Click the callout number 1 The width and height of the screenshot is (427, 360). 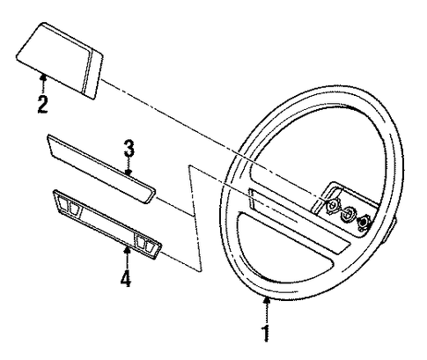pos(266,333)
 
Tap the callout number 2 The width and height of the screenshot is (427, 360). pos(42,105)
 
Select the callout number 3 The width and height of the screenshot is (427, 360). pos(129,149)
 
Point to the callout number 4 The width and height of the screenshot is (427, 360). pos(126,278)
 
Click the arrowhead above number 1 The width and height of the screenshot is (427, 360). pos(267,300)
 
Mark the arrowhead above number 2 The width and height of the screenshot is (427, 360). pos(43,77)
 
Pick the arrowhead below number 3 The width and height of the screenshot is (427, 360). pos(129,173)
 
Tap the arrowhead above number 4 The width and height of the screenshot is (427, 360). pos(127,250)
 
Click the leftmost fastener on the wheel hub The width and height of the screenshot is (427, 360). pos(332,206)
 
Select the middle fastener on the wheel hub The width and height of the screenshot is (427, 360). pos(349,214)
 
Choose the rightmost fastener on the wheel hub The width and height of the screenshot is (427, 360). pos(364,223)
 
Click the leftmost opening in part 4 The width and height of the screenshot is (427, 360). pos(63,202)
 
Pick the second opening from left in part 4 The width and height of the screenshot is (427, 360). pos(74,208)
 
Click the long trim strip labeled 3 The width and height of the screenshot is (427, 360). pos(101,169)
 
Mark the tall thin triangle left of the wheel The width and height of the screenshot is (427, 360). pos(195,217)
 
